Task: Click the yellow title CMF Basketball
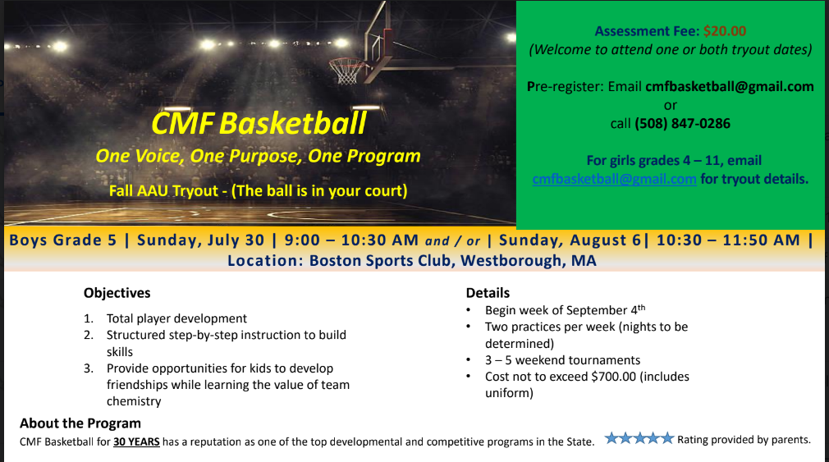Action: click(x=259, y=124)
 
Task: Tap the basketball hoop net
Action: click(x=346, y=71)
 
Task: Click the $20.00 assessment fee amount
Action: click(x=725, y=31)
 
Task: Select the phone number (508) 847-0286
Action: click(x=683, y=124)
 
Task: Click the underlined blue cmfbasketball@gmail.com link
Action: click(x=614, y=179)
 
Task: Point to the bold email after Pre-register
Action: click(x=730, y=87)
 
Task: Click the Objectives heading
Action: click(x=117, y=294)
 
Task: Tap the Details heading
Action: click(x=488, y=293)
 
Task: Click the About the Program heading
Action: click(x=80, y=423)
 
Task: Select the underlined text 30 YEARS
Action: click(x=136, y=442)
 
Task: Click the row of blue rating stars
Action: click(x=639, y=438)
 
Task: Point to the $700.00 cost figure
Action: click(x=614, y=377)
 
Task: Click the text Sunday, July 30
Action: click(x=200, y=240)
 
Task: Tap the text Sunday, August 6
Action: click(x=570, y=240)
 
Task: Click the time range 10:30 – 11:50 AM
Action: click(x=728, y=240)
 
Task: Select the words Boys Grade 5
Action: click(x=63, y=240)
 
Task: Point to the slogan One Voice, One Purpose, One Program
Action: click(x=258, y=157)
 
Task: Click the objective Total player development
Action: click(x=176, y=318)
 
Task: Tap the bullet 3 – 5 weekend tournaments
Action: click(x=562, y=360)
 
